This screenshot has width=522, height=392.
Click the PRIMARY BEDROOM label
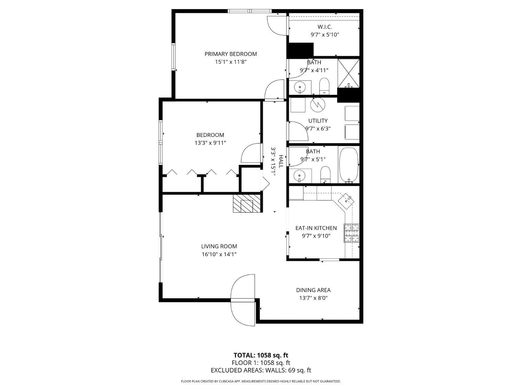(x=230, y=54)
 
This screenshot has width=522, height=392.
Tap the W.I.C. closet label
(x=324, y=27)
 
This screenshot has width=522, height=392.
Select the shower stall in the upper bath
(x=348, y=73)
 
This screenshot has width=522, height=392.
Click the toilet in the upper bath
(x=324, y=86)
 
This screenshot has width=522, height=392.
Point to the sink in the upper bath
(x=300, y=87)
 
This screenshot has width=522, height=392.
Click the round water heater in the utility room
(x=317, y=105)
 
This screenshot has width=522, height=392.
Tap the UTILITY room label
(x=318, y=121)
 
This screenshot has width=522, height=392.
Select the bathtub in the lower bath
(x=348, y=165)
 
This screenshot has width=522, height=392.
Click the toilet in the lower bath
(x=325, y=174)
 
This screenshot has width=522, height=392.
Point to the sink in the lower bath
(x=299, y=175)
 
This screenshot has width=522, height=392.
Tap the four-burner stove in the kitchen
(x=351, y=233)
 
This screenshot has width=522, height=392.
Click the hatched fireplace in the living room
(x=247, y=203)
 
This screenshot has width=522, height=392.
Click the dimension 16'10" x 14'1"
(x=219, y=254)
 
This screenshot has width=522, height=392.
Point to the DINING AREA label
(x=313, y=290)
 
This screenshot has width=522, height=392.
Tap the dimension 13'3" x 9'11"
(x=210, y=143)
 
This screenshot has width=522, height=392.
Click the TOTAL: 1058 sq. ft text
(x=261, y=355)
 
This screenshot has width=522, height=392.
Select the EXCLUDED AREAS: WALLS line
(x=261, y=370)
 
